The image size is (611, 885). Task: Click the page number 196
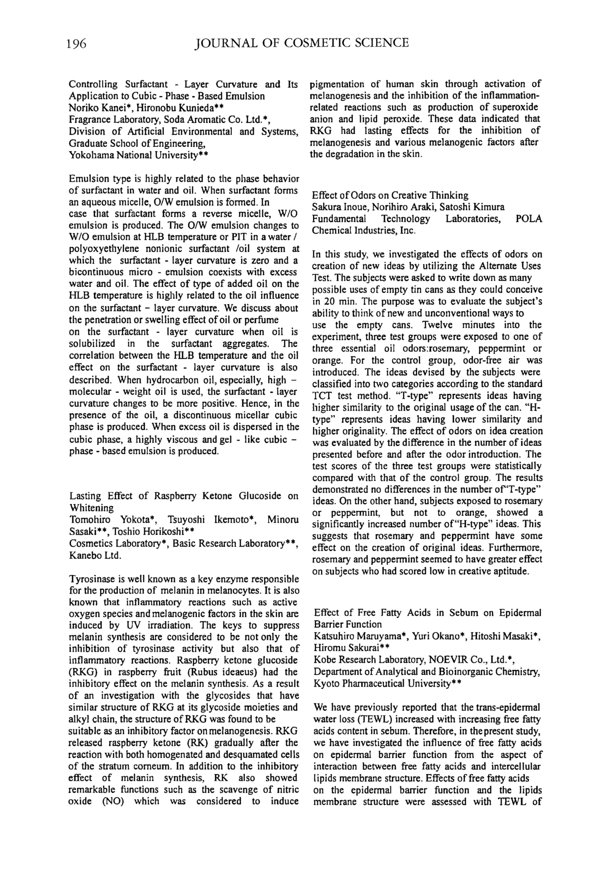tap(76, 44)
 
